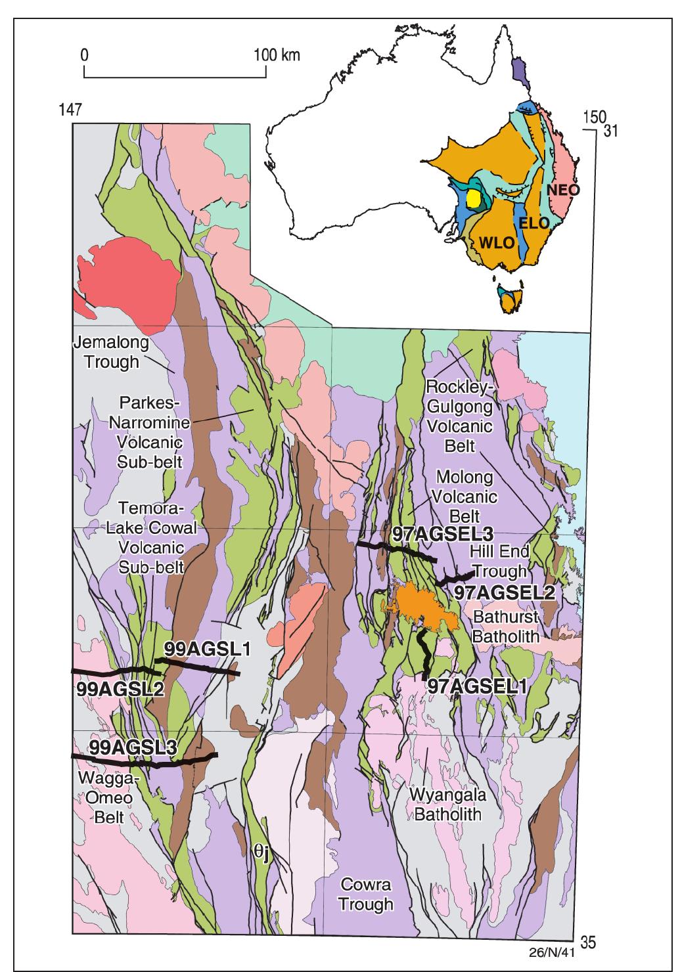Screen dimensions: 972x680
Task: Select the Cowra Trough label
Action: tap(365, 894)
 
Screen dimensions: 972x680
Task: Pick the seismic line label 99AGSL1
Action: tap(195, 650)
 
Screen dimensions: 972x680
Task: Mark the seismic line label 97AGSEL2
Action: tap(504, 592)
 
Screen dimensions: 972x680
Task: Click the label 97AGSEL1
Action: tap(478, 687)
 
